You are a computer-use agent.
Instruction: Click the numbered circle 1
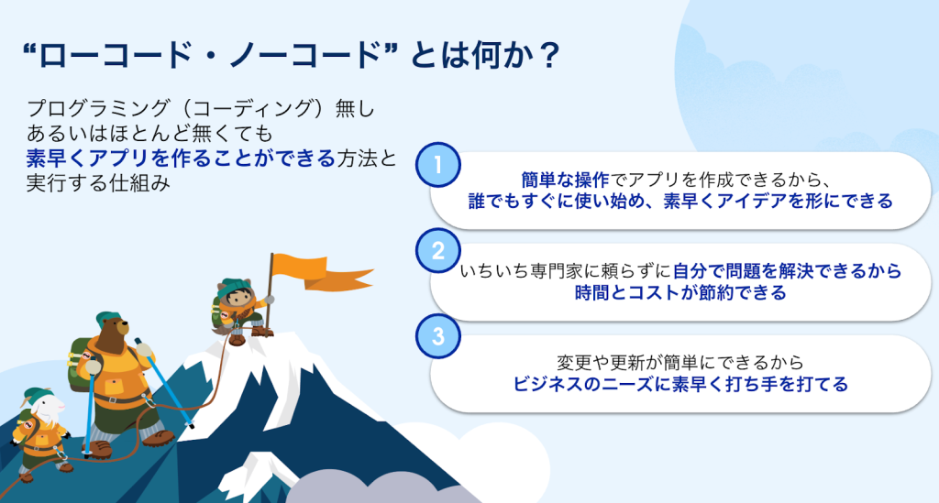[437, 165]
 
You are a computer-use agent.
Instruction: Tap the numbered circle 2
[437, 251]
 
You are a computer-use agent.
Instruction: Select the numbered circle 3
[437, 336]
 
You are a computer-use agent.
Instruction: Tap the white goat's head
[43, 406]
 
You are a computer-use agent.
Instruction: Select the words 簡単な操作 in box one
[564, 180]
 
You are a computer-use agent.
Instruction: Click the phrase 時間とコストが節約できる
[680, 292]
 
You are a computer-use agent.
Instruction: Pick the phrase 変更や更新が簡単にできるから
[680, 363]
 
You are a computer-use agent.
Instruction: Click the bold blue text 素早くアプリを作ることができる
[181, 159]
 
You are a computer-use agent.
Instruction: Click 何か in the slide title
[496, 56]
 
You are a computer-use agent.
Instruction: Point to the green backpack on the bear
[81, 364]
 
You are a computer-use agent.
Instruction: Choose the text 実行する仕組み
[98, 183]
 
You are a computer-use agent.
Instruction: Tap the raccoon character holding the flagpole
[238, 311]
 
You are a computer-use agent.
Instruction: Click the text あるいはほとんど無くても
[149, 134]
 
